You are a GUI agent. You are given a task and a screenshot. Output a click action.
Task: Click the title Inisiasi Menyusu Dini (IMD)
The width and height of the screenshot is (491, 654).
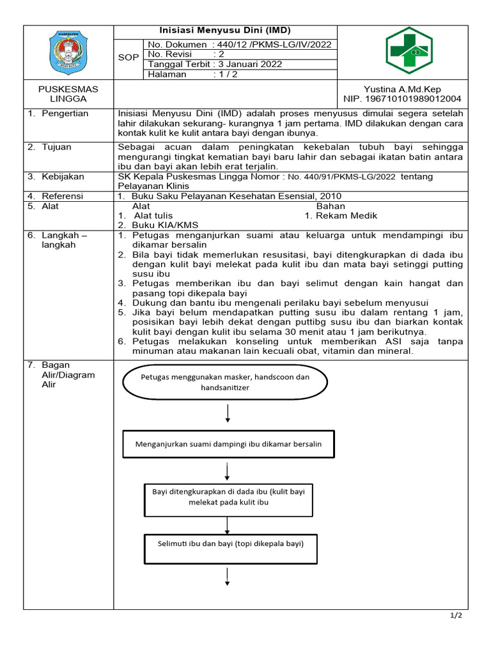coord(224,31)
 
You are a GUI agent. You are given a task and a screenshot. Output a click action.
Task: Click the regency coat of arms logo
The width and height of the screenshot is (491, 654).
coord(68,53)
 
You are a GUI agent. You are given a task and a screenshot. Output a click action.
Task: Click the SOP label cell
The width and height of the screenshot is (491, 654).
coord(129,57)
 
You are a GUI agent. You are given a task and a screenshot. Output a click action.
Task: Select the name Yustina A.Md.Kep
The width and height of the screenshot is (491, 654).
coord(402,89)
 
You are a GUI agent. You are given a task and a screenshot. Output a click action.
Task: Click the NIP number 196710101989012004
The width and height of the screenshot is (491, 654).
coord(402,99)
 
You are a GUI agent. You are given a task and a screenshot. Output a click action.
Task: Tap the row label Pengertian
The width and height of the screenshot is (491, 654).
coord(65,114)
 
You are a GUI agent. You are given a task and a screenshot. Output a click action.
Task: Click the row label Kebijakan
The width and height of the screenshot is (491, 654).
coord(62,176)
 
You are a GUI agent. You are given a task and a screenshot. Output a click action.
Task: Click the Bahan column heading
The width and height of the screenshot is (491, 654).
coord(331,206)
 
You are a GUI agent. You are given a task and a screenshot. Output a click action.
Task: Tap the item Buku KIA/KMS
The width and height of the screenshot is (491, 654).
coord(165,225)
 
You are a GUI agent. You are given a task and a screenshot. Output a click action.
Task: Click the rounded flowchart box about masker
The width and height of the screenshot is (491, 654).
coord(224,382)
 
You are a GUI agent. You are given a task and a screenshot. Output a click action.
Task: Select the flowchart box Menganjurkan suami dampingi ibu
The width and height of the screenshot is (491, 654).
coord(228,444)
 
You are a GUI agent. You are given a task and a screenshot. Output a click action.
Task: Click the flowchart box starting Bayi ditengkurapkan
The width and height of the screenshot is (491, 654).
coord(228,496)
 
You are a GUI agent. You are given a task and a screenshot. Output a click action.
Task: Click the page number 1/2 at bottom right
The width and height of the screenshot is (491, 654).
coord(456,616)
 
